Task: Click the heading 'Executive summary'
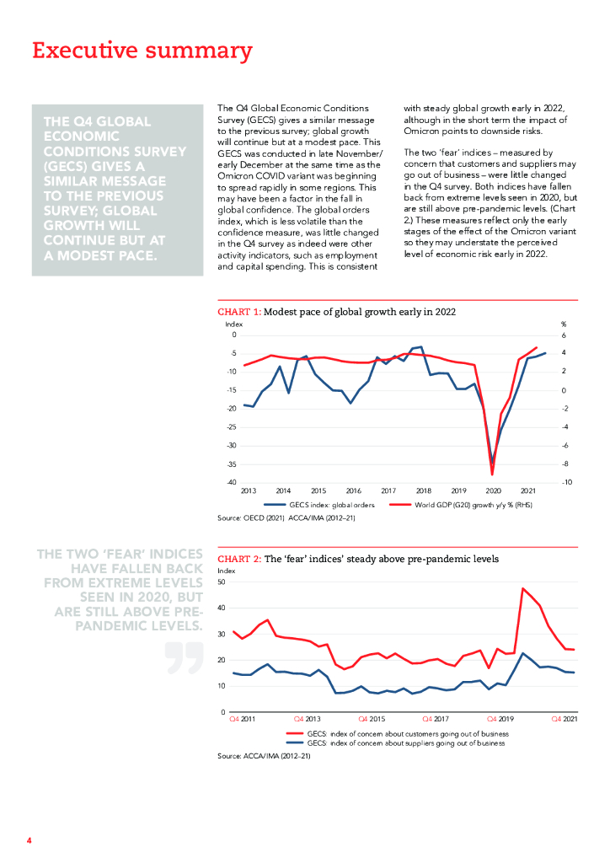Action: [x=142, y=51]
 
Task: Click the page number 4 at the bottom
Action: [x=29, y=841]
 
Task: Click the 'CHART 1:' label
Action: [x=239, y=311]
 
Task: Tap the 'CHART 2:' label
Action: [x=239, y=559]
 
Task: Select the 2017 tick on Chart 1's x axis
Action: [x=388, y=490]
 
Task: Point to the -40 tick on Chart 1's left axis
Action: [x=230, y=482]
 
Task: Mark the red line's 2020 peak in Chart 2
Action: [x=523, y=588]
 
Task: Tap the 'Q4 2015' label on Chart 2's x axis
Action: [x=372, y=719]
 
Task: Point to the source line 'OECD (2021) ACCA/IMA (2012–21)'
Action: [x=286, y=517]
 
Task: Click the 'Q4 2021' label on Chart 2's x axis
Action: [x=564, y=719]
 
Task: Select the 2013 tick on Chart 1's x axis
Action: [x=249, y=490]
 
